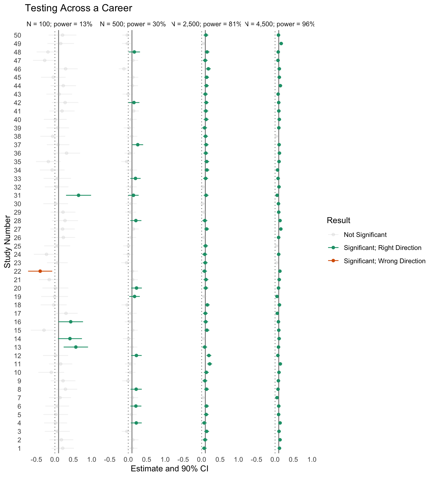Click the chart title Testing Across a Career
(x=78, y=8)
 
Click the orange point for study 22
(x=40, y=271)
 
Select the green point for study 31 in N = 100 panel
(x=79, y=195)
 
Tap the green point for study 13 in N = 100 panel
(x=76, y=347)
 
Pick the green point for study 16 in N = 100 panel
(x=71, y=322)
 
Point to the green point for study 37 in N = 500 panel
(x=138, y=145)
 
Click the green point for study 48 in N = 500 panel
(x=134, y=52)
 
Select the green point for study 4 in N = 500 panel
(x=136, y=423)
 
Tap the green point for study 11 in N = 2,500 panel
(x=209, y=364)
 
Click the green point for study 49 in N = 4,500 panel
(x=281, y=43)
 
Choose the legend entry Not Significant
(x=365, y=235)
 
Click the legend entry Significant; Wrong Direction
(x=384, y=261)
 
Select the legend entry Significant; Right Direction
(x=382, y=248)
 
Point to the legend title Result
(x=338, y=221)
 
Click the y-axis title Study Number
(x=8, y=242)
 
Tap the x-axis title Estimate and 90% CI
(x=170, y=469)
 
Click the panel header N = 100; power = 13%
(x=60, y=24)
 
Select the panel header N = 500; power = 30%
(x=133, y=24)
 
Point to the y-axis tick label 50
(x=18, y=35)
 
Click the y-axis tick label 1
(x=19, y=448)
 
